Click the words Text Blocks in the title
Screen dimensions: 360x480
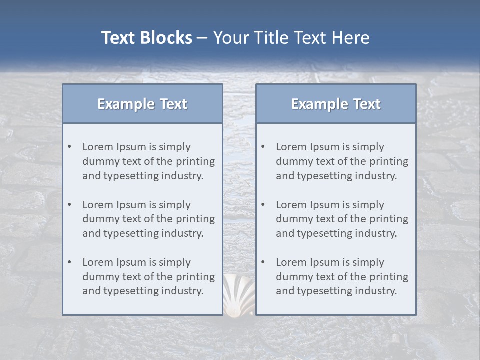[146, 38]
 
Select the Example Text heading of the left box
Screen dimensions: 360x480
[142, 104]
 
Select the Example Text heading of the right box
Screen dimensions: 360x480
[336, 104]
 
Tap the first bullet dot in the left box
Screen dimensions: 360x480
[69, 147]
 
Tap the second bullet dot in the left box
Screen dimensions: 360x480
[69, 205]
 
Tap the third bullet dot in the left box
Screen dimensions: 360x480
[69, 262]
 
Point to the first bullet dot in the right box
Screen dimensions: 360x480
[263, 147]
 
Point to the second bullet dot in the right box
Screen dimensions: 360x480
[263, 205]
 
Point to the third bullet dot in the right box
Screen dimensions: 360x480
[263, 262]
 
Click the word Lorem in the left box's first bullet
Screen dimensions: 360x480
[98, 147]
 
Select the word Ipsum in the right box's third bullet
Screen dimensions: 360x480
[324, 262]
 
